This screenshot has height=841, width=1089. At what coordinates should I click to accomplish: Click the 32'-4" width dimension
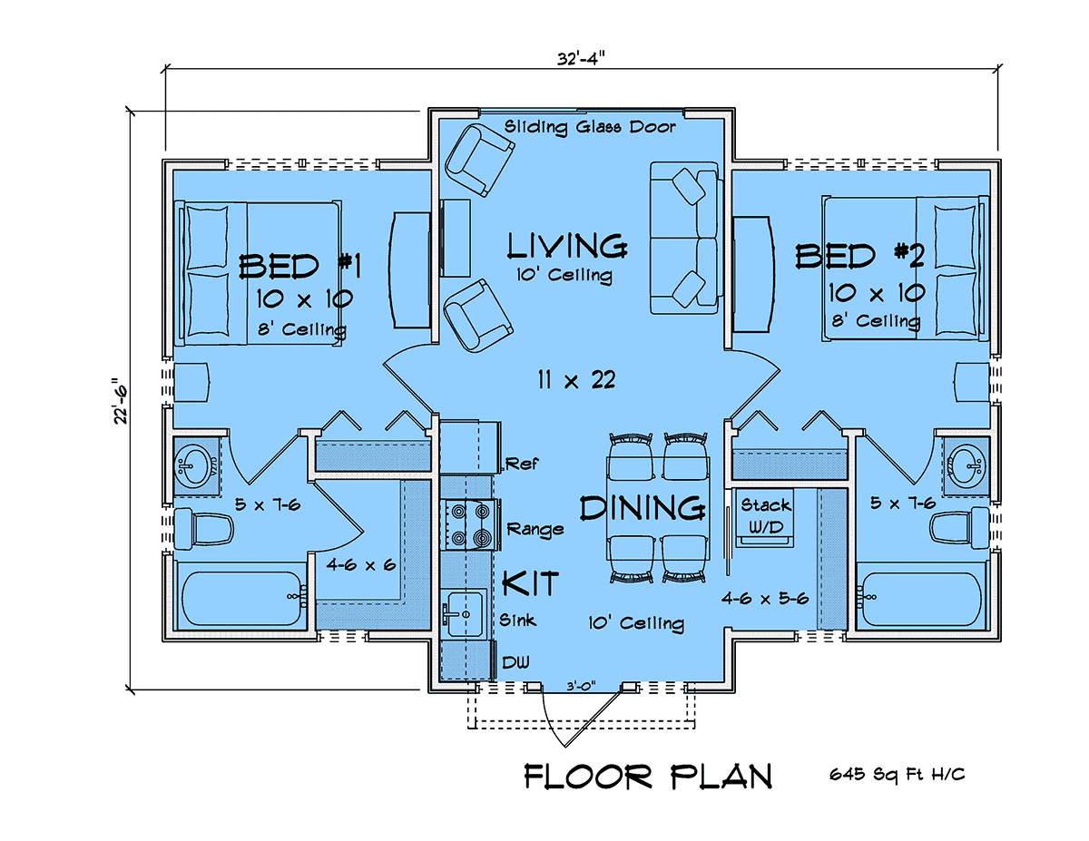click(581, 59)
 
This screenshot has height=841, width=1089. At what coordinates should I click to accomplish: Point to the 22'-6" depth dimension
click(121, 401)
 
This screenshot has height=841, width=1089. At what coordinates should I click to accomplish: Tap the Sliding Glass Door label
click(590, 127)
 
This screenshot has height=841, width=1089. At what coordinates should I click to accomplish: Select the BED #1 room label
click(299, 266)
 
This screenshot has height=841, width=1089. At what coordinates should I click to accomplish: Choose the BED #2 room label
click(860, 256)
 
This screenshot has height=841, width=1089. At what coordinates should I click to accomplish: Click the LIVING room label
click(567, 246)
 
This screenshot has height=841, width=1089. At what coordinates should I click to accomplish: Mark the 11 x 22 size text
click(576, 380)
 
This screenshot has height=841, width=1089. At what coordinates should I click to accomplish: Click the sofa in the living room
click(684, 238)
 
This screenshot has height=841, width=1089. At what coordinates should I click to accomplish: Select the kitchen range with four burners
click(468, 525)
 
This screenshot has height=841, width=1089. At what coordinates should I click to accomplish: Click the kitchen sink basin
click(466, 613)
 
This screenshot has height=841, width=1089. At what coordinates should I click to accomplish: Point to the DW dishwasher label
click(515, 662)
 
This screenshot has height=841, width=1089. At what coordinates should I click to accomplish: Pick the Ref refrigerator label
click(522, 464)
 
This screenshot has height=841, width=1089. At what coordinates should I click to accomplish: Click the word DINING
click(643, 508)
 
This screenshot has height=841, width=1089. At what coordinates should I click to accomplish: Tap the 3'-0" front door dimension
click(581, 686)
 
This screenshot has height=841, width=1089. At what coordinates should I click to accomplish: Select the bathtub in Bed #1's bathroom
click(241, 598)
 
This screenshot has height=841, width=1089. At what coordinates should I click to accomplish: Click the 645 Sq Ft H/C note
click(896, 775)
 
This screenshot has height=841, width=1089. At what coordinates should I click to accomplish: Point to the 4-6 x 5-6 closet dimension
click(765, 598)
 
